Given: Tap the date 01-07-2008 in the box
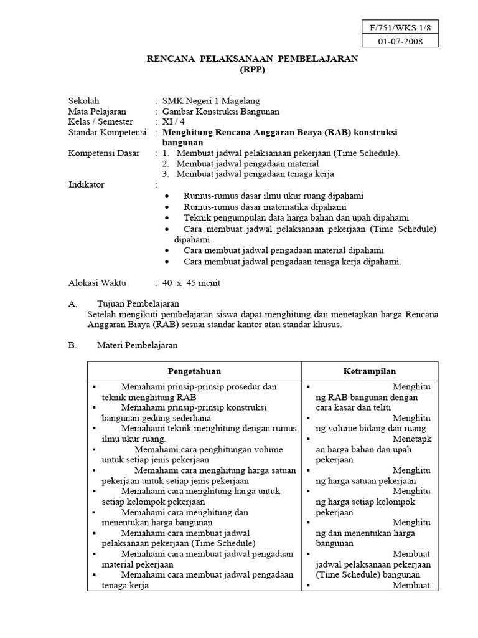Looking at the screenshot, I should point(401,42).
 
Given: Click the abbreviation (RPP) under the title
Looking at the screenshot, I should point(252,70).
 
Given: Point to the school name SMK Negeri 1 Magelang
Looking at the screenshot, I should point(211,101).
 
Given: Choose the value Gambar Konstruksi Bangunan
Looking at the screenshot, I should point(221,112).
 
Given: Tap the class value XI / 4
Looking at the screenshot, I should point(174,121).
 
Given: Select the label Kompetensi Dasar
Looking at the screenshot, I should point(102,153).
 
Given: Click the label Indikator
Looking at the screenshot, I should point(86,184).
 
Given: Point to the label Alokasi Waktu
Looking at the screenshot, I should point(96,283).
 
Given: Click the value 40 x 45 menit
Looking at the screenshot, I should point(191,283).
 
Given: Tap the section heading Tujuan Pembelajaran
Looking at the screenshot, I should point(139,303).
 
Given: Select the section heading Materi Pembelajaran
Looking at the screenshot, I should point(138,345).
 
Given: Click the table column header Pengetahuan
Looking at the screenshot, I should point(194,371).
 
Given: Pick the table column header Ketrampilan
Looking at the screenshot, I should point(370,371).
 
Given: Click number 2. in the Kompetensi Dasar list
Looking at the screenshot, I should point(166,164).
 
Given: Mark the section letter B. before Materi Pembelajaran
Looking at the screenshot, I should point(72,345).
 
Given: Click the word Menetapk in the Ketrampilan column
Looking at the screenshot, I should point(411,439).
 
